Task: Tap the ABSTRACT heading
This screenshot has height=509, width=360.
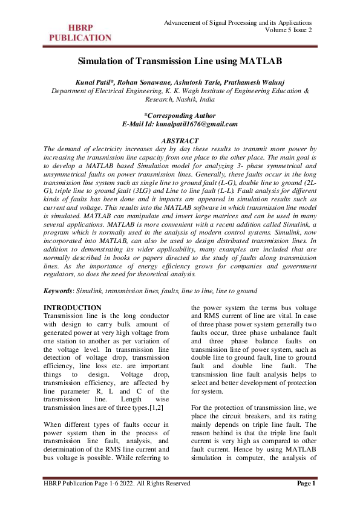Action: tap(180, 140)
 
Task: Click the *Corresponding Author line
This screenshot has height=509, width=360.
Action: tap(180, 115)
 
